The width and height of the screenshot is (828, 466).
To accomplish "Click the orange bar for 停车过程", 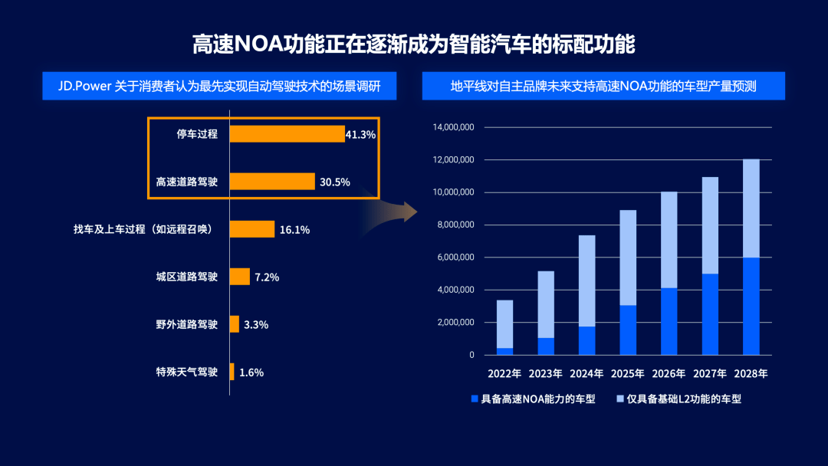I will pos(287,134).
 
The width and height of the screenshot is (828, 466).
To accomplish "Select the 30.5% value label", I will pos(335,182).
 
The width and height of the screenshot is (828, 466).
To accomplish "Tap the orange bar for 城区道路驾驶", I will pos(240,277).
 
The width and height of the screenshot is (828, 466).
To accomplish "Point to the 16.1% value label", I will pos(294,230).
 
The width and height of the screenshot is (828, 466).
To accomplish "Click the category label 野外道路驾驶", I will pos(186,324).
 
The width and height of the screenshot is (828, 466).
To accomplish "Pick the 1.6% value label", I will pos(251,372).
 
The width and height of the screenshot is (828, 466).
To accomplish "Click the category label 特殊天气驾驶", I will pos(186,372).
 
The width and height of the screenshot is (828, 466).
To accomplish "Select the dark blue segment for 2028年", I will pos(751,306).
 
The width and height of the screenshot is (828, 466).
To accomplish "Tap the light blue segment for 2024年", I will pos(586,281).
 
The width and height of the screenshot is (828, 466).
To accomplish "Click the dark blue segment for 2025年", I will pos(628,330).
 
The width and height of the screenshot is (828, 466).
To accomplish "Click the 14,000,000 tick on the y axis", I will pos(454,127).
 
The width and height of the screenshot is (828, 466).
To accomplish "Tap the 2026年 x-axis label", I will pos(669,375).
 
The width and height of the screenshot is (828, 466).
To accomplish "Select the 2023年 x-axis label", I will pos(546,375).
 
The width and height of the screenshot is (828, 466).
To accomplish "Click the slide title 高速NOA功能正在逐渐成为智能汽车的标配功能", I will pos(413,44).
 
